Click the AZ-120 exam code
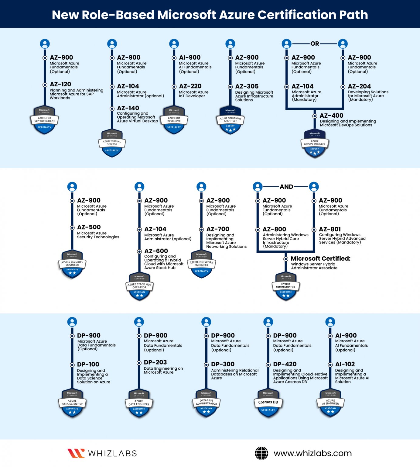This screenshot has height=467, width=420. click(x=60, y=84)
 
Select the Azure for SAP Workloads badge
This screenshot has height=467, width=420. click(x=45, y=120)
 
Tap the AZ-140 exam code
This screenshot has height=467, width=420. click(x=128, y=108)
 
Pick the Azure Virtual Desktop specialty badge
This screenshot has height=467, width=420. click(x=112, y=144)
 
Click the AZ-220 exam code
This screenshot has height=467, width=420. click(x=190, y=86)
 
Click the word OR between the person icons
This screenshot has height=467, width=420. click(x=315, y=44)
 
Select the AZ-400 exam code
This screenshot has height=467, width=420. click(x=331, y=116)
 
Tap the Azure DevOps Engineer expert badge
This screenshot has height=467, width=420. click(x=315, y=144)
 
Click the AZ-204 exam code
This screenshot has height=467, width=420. click(x=359, y=86)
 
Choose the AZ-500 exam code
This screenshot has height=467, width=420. click(x=89, y=227)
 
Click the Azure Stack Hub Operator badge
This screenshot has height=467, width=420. click(x=139, y=287)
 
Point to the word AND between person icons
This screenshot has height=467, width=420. click(x=286, y=187)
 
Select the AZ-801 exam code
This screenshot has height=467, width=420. click(x=330, y=229)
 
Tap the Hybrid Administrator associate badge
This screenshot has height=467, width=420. click(x=286, y=287)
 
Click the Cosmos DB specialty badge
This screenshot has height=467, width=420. click(x=268, y=403)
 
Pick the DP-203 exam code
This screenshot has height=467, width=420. click(x=155, y=362)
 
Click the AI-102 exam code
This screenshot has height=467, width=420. click(x=345, y=364)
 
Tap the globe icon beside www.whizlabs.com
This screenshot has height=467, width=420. click(x=261, y=453)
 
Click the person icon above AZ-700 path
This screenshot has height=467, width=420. click(x=201, y=187)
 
